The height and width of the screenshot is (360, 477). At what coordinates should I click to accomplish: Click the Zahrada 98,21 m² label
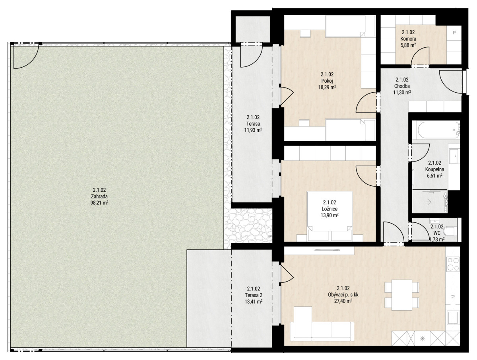pos(99,196)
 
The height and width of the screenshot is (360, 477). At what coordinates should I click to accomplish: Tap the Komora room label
pos(408,39)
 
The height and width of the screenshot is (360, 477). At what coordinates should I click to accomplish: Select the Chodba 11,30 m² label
pos(402,86)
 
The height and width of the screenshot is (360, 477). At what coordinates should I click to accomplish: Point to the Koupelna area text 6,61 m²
pos(434,176)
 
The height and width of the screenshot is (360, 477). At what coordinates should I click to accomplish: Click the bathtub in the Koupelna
pos(436,130)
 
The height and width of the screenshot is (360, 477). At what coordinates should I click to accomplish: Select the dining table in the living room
pos(402,295)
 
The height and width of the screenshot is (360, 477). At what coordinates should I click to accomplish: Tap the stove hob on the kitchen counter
pos(453,264)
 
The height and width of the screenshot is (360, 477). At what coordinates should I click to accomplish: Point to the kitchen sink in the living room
pos(453,318)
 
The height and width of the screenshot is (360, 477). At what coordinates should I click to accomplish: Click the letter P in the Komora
pos(454,33)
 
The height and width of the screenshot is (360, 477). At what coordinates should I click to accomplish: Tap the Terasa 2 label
pos(253,295)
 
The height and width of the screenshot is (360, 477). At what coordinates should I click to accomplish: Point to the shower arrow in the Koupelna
pos(428,202)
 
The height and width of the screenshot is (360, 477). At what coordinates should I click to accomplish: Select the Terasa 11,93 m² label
pos(253,124)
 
